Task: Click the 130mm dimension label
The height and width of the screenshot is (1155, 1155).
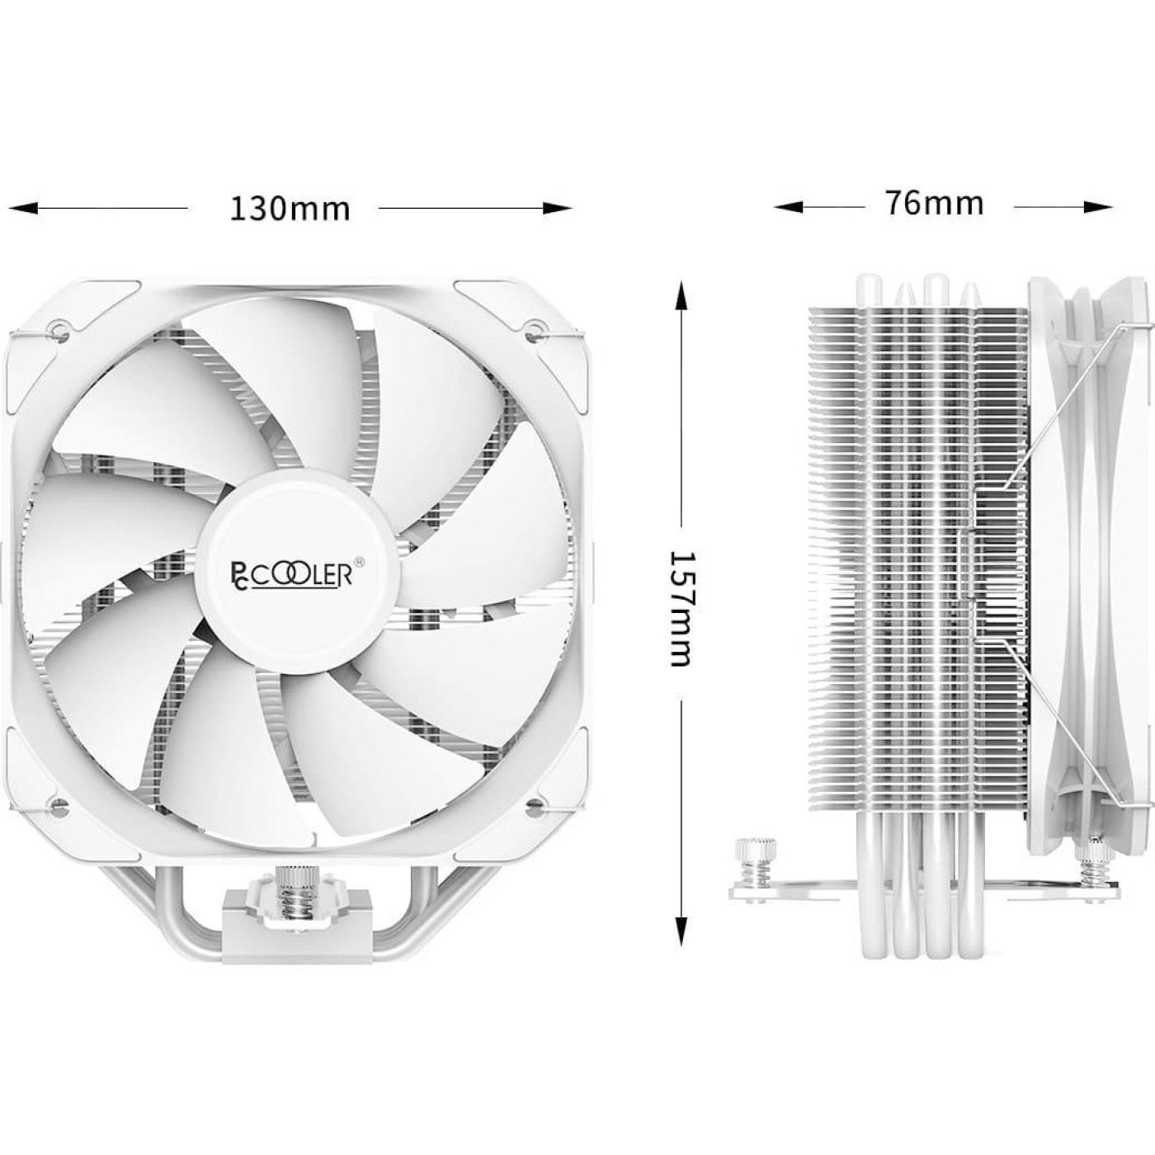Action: click(x=290, y=208)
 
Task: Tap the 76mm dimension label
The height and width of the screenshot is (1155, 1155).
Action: click(x=935, y=202)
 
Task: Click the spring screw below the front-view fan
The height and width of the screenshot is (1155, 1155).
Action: click(x=295, y=889)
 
